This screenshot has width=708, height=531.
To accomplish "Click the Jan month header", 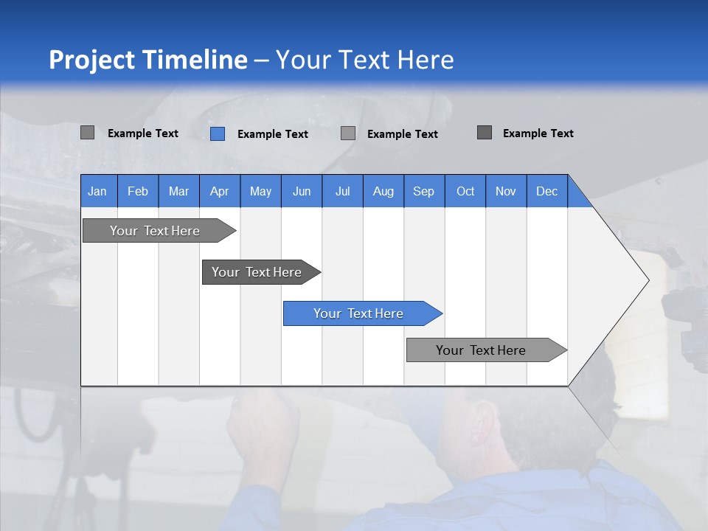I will tap(97, 191).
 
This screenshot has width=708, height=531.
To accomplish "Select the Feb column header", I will tap(138, 191).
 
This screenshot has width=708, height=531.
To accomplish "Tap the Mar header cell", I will tap(178, 191).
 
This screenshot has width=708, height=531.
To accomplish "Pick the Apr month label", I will tap(219, 191).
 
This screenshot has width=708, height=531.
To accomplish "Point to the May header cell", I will tap(260, 191).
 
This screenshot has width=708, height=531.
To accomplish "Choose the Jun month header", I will tap(302, 191).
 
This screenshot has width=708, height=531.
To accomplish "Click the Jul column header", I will tap(342, 191).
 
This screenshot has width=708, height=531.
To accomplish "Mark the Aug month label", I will tap(383, 191).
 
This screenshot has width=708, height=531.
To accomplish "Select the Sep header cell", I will tap(423, 191).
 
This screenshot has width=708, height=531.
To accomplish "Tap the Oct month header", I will tap(465, 191).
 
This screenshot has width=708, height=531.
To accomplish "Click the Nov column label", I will tap(506, 191).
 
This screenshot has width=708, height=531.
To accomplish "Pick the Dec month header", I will tap(546, 191).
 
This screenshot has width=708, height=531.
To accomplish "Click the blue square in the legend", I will tap(218, 133).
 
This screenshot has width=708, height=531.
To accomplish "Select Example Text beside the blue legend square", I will tap(272, 134).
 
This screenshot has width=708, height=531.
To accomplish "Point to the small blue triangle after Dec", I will tap(577, 196).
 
